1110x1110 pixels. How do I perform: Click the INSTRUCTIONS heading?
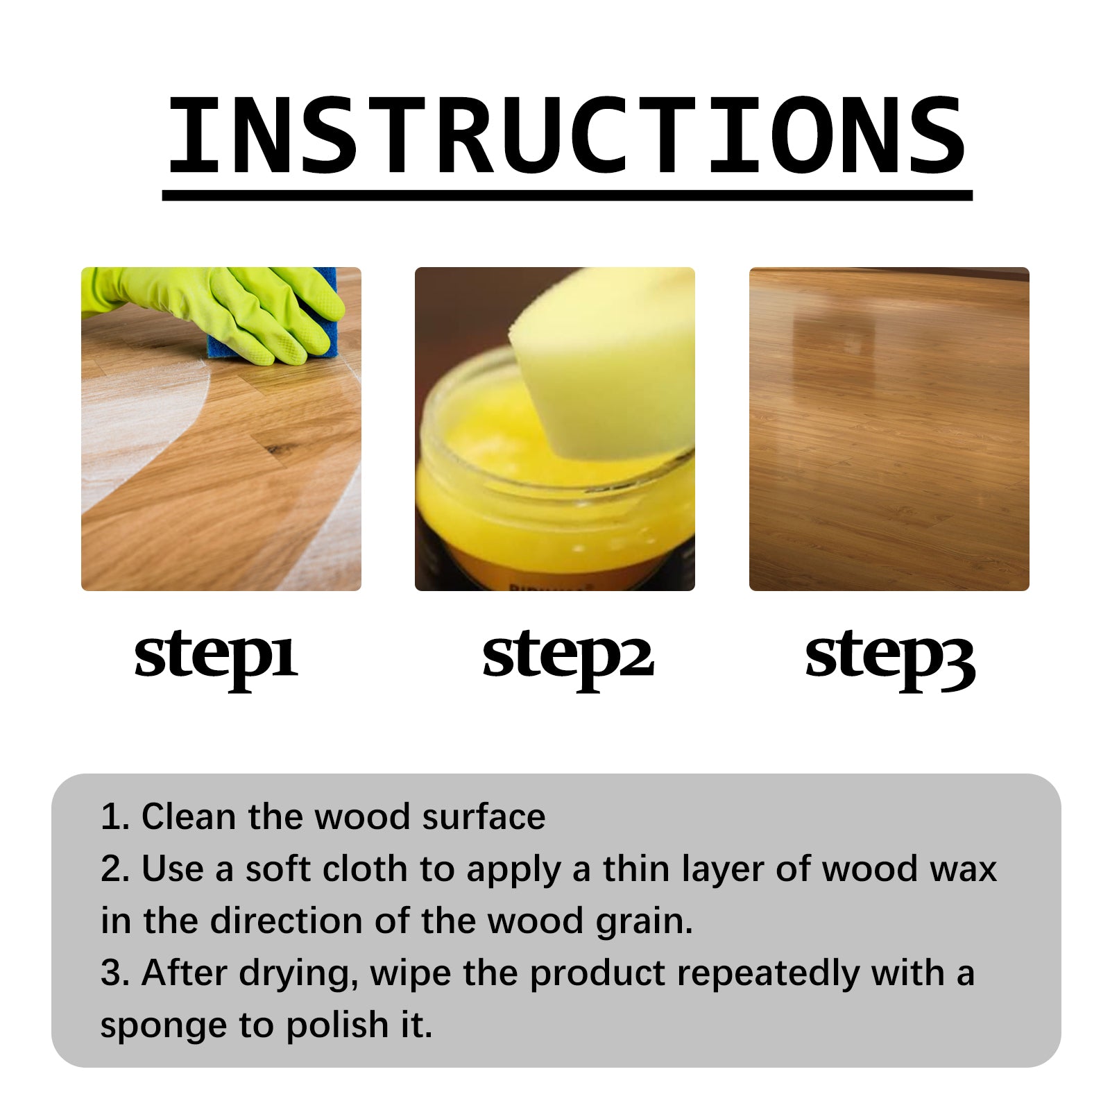click(x=566, y=135)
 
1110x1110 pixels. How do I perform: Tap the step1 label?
click(x=216, y=656)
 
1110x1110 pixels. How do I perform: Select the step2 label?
click(x=567, y=656)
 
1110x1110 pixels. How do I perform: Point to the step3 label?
click(x=890, y=656)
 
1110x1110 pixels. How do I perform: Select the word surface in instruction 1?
click(x=484, y=817)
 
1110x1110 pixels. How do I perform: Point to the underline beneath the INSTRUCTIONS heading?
click(x=566, y=196)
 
